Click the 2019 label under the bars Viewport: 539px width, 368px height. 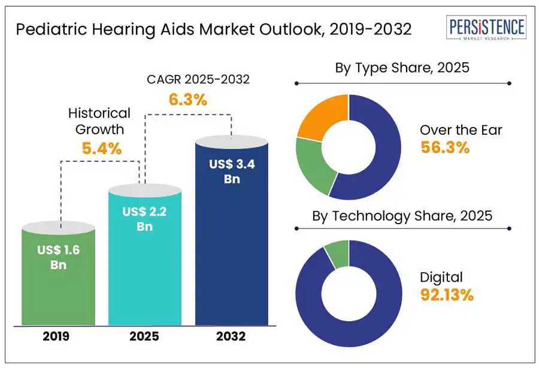[x=56, y=337]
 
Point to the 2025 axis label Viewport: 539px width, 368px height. [x=144, y=337]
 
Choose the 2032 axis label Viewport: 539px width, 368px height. [x=232, y=337]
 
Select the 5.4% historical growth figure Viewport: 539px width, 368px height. [x=102, y=149]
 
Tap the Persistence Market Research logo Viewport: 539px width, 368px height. [x=487, y=29]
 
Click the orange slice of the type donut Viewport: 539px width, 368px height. [x=320, y=118]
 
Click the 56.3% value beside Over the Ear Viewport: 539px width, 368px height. [x=444, y=148]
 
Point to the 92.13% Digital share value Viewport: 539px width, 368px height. [x=447, y=295]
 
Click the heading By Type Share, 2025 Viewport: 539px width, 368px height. [x=402, y=68]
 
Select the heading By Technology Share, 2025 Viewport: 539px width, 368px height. [x=402, y=216]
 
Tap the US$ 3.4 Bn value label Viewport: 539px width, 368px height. [x=232, y=171]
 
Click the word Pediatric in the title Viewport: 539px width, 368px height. [x=46, y=29]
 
